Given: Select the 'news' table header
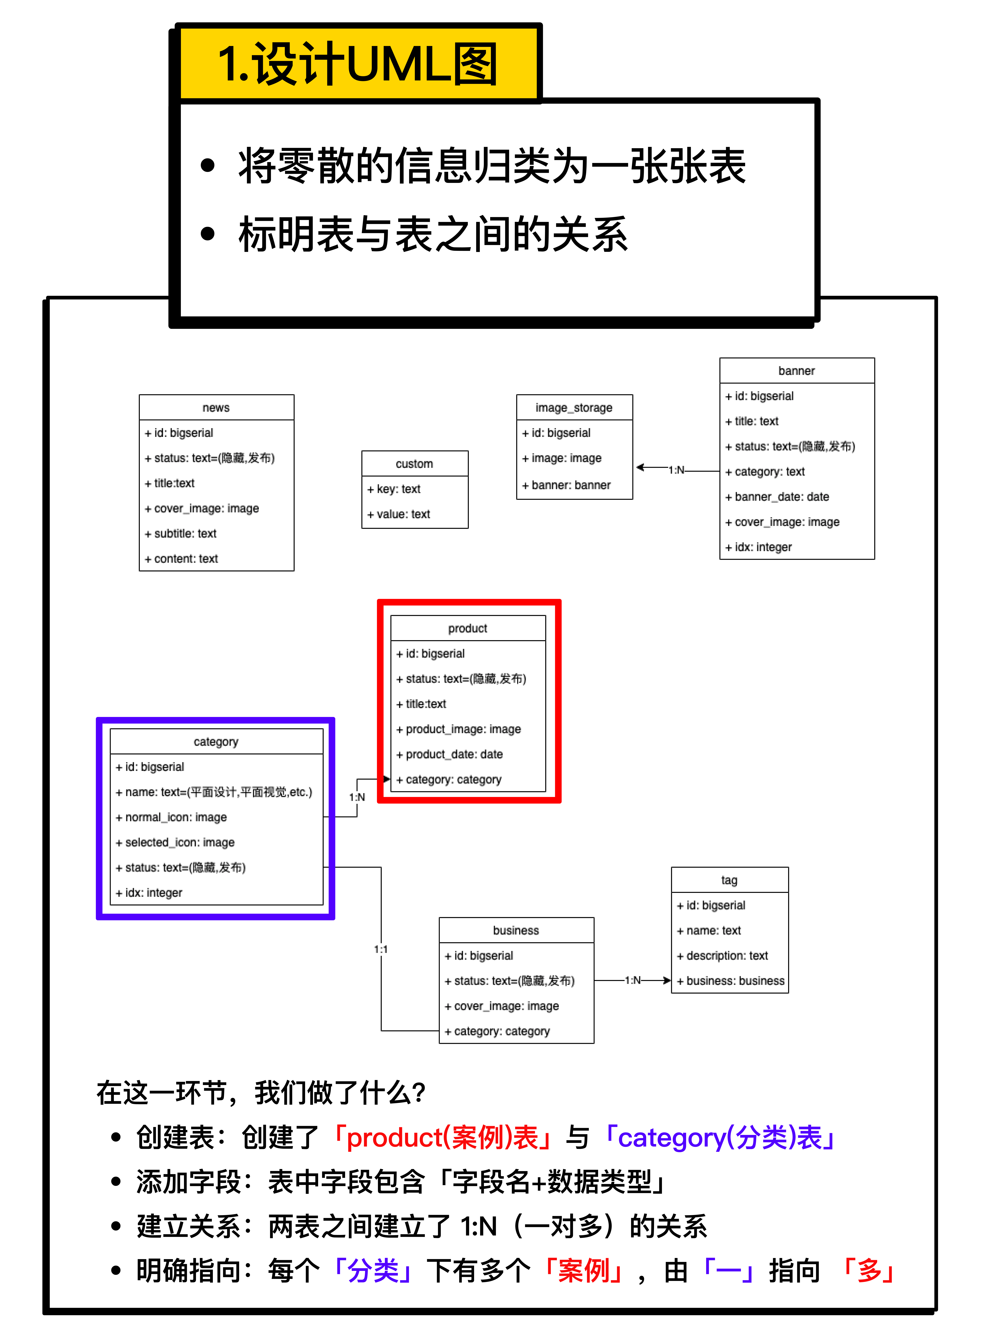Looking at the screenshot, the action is (x=216, y=407).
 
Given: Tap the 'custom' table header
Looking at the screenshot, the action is (x=414, y=464).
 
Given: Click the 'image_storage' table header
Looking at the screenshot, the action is (x=574, y=407).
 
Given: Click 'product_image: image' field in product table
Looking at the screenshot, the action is (x=459, y=729).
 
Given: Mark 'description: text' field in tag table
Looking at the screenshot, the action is (x=722, y=955).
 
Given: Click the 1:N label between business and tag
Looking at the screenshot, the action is (x=633, y=980).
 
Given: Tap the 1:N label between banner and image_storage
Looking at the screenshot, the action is (x=676, y=470).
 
